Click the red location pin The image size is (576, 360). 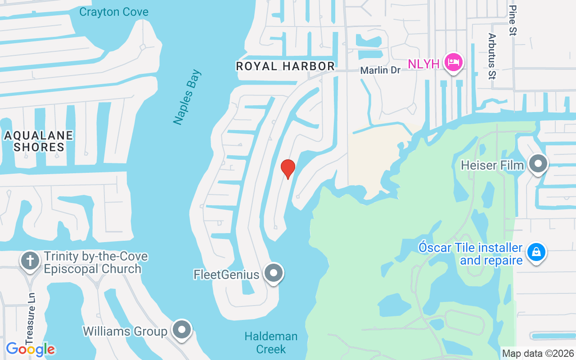pos(288,169)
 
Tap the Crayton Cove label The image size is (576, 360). pos(113,12)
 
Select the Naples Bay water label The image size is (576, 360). pos(187,97)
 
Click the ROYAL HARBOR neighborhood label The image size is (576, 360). pos(285,66)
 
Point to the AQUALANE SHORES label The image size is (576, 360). pos(39,141)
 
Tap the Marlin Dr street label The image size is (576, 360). pos(380,71)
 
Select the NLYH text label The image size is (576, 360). pos(423,64)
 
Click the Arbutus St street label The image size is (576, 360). pos(492,56)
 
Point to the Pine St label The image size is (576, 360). pos(513,20)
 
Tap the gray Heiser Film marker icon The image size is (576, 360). pos(538,164)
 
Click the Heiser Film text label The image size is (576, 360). pos(492,166)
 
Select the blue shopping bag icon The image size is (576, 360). pos(536,252)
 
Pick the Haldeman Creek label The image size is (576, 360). pos(271,342)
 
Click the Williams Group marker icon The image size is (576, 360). pos(182,330)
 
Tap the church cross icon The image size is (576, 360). pos(30,261)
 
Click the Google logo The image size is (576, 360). pos(30,349)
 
